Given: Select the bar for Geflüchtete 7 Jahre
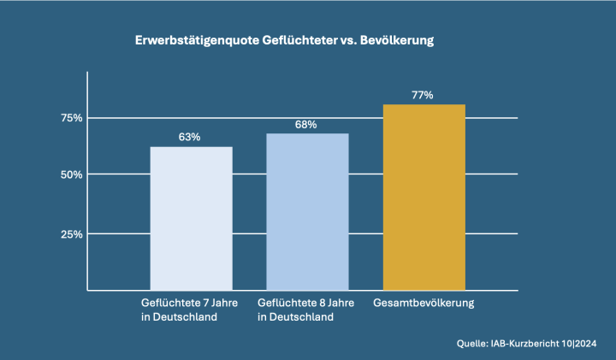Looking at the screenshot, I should point(191,218).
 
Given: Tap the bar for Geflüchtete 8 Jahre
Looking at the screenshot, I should point(307,212).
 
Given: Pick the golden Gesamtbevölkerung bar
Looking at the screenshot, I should point(423,197).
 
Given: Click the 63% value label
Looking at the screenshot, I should point(190,137).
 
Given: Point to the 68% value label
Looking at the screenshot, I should point(306,124).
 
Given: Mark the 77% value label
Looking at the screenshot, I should point(423,95).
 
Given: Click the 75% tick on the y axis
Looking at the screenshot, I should point(71,117).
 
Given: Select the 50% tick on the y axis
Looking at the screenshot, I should point(71,174).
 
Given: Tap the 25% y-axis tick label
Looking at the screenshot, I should point(71,233).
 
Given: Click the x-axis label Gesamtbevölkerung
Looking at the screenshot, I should point(424,303).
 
